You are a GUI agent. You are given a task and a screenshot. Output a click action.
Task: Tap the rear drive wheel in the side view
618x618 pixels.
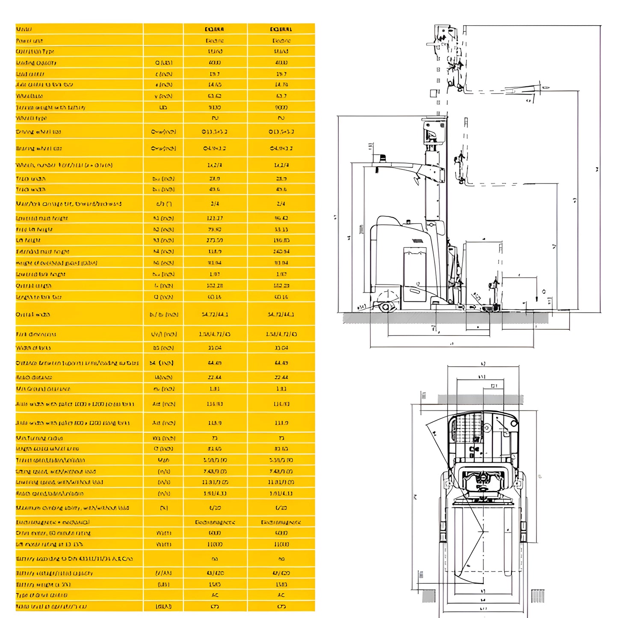386,307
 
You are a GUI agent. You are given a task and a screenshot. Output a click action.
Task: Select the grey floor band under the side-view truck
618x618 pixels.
445,318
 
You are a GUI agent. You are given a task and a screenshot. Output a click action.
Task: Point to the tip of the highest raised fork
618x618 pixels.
545,88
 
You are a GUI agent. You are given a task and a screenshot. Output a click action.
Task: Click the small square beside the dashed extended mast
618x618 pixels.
433,94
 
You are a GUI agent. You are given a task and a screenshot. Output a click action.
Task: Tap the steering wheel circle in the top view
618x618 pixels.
487,428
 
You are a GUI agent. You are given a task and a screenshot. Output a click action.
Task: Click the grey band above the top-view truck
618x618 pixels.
480,399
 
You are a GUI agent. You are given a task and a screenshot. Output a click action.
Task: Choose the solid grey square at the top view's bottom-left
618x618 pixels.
429,596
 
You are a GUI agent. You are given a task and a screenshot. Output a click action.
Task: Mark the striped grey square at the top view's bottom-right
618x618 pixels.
538,596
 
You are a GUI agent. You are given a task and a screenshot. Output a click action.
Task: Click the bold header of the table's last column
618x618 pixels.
281,29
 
